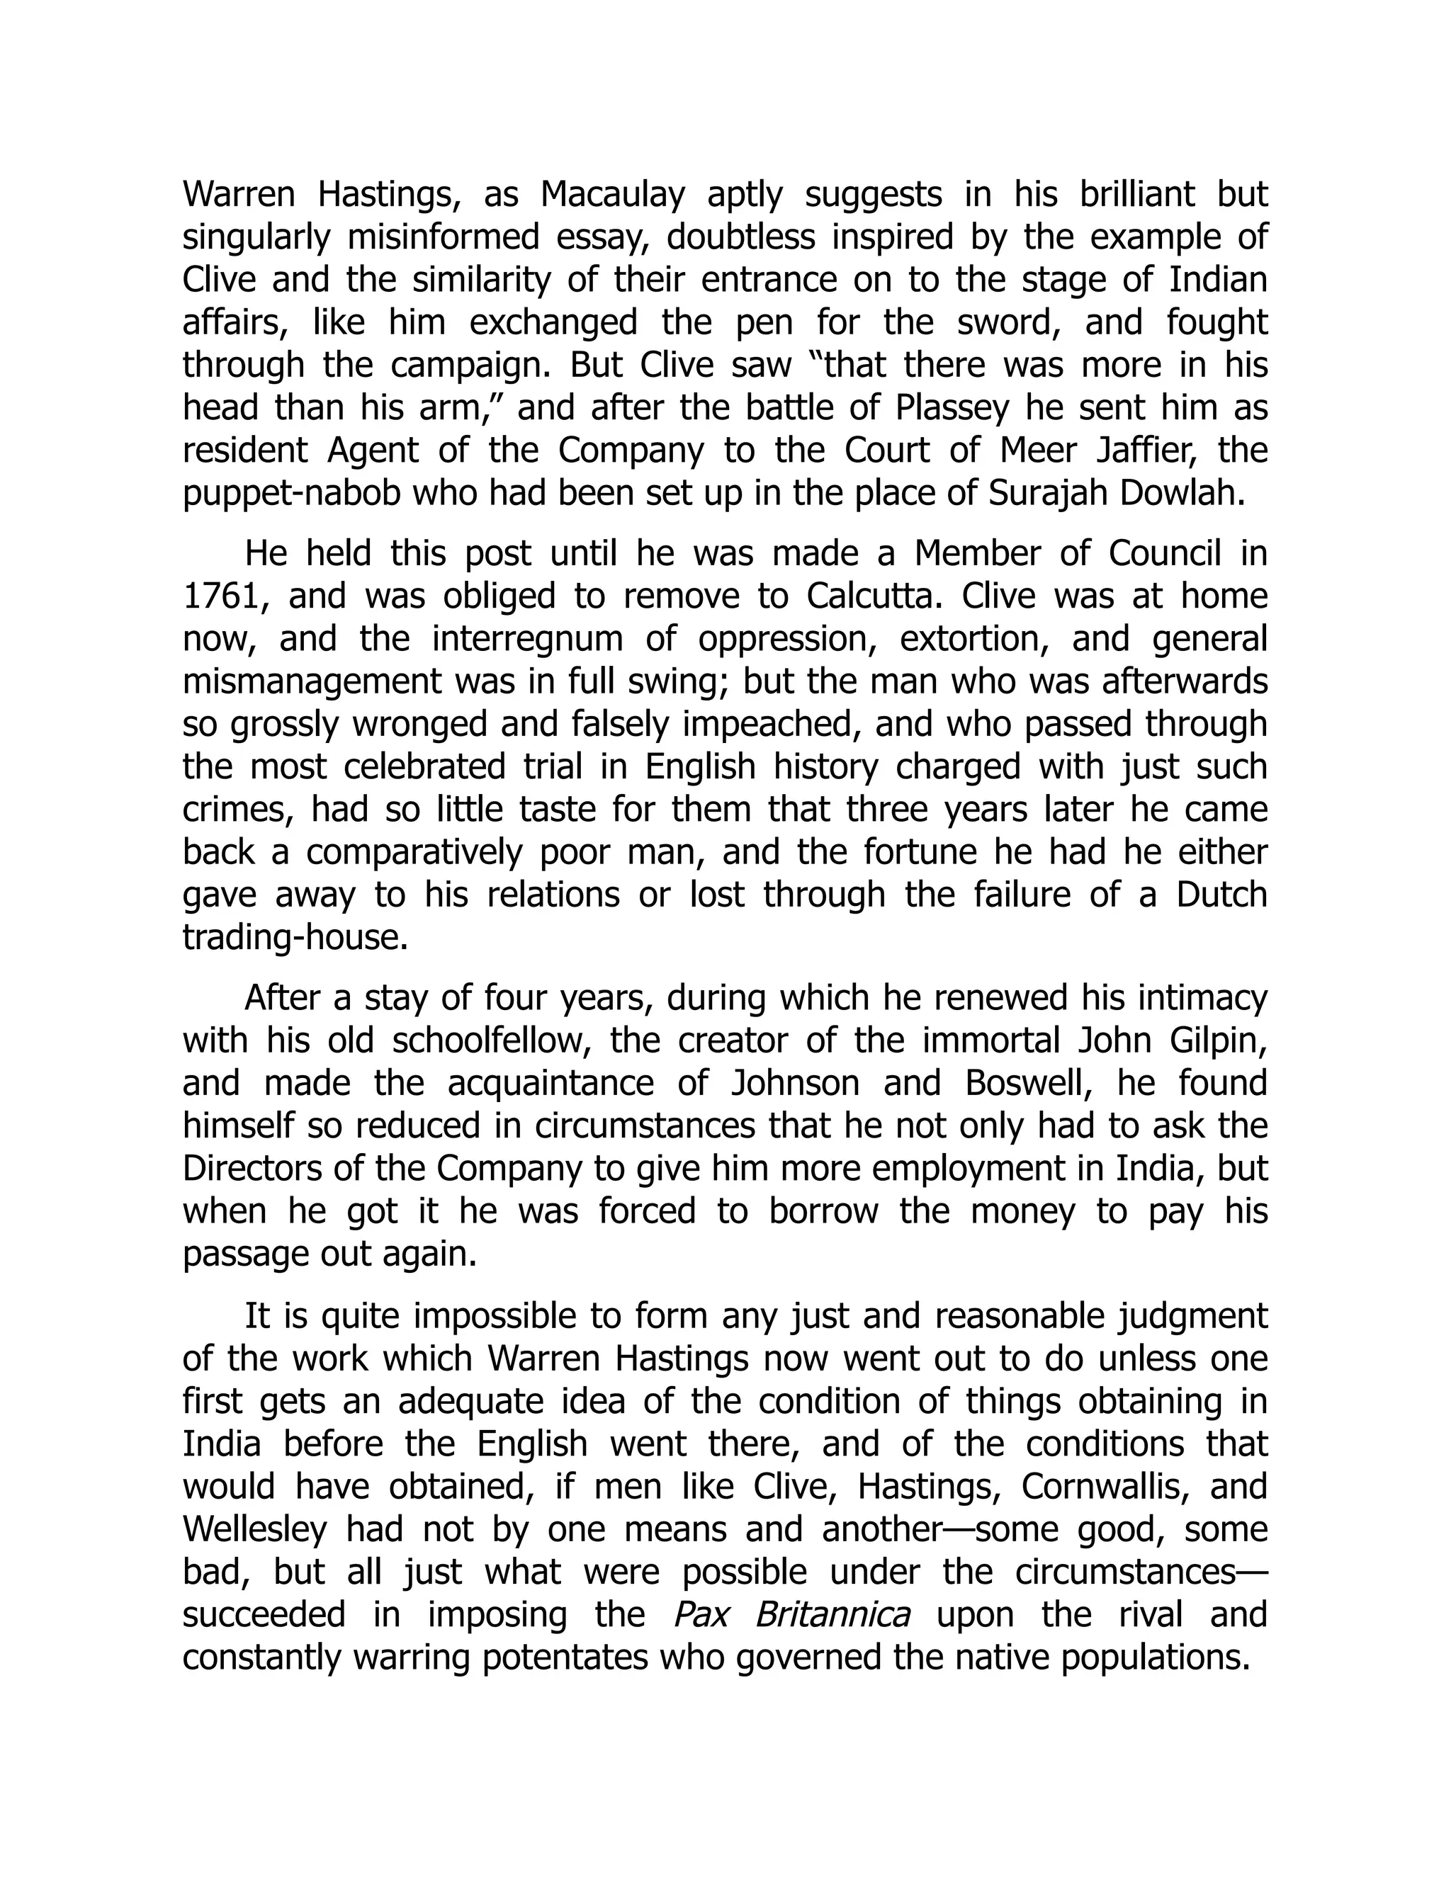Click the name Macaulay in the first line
coord(612,195)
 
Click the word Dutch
coord(1221,895)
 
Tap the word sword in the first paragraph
coord(1006,322)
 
